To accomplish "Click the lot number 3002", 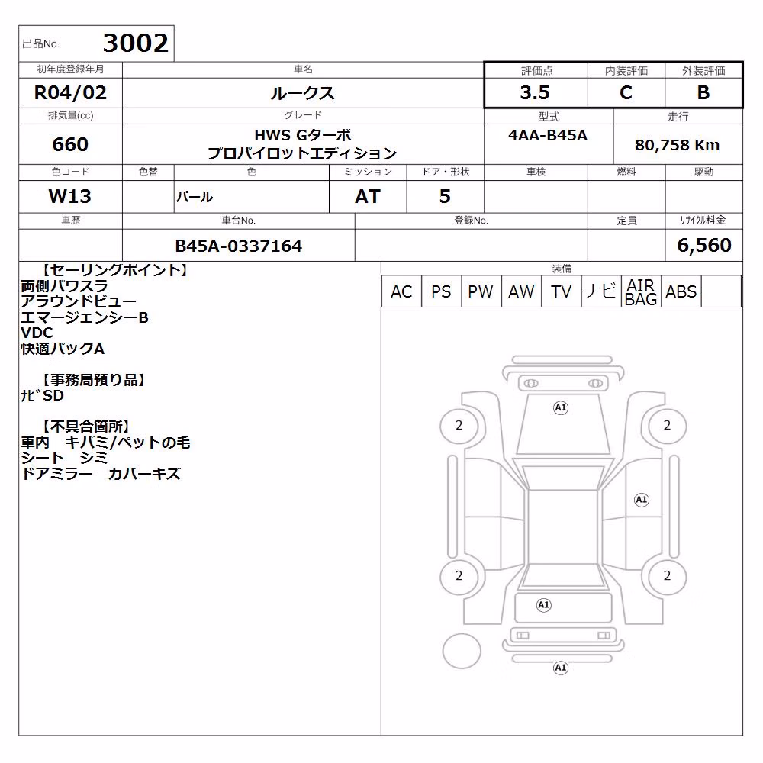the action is pos(136,43).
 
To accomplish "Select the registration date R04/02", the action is pos(70,92).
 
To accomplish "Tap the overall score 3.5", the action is pos(535,92).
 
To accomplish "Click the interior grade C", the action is pos(626,92).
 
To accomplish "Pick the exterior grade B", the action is pos(703,92).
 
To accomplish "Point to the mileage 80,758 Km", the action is pos(677,145).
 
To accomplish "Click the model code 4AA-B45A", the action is pos(548,135).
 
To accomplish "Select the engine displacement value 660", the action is pos(70,144).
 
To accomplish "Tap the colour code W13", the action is pos(70,197).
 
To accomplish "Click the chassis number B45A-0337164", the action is pos(238,246).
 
